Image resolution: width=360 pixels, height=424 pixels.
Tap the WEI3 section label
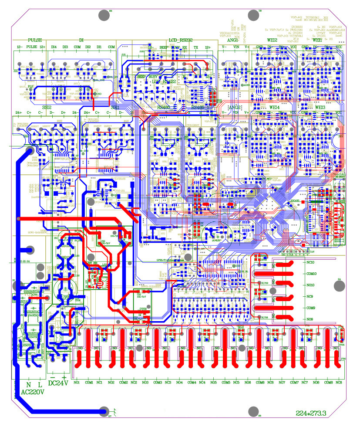pyautogui.click(x=320, y=107)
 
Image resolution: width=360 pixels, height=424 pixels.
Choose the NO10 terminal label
pyautogui.click(x=311, y=285)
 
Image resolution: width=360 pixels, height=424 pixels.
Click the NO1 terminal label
pyautogui.click(x=77, y=383)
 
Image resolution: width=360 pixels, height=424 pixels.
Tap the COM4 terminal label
pyautogui.click(x=192, y=383)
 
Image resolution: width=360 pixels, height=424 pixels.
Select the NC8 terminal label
pyautogui.click(x=338, y=383)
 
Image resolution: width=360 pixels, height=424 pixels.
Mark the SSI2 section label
pyautogui.click(x=47, y=107)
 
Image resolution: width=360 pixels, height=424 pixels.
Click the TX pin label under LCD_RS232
pyautogui.click(x=196, y=47)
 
